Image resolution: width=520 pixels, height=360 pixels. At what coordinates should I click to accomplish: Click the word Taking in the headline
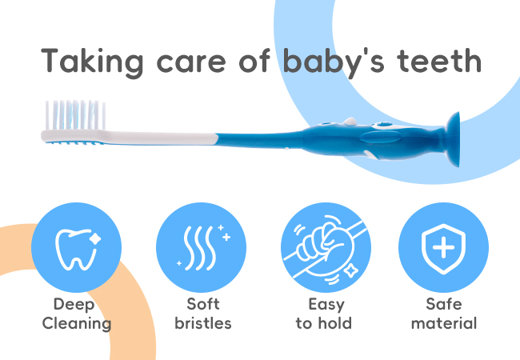[92, 62]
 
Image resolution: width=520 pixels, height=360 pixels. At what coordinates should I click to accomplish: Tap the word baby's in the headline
[334, 62]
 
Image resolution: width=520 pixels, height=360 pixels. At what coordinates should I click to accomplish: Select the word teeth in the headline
[438, 61]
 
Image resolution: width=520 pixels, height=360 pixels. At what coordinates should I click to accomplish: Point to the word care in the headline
[191, 63]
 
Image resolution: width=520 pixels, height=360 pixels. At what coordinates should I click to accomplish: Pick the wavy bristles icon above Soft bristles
[203, 247]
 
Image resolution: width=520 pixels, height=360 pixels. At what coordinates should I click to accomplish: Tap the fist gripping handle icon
[325, 250]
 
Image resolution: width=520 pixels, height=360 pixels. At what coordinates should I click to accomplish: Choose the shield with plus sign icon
[443, 249]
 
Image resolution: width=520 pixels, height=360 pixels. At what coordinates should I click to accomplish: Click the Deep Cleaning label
[77, 314]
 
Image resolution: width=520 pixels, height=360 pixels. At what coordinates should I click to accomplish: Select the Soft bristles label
[203, 314]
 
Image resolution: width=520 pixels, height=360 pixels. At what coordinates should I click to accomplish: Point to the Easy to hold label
[324, 314]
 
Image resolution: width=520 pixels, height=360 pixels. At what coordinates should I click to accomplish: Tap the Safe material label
[444, 314]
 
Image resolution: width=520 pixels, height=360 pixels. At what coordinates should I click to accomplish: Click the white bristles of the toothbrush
[75, 115]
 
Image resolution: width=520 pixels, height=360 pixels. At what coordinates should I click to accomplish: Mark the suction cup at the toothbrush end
[453, 139]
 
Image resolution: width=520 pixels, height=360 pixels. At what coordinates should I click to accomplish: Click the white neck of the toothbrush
[159, 138]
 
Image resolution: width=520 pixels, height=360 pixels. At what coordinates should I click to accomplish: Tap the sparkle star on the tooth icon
[95, 238]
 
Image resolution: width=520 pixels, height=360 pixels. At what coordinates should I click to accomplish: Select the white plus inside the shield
[444, 247]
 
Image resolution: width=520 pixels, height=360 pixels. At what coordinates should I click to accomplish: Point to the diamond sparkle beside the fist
[350, 271]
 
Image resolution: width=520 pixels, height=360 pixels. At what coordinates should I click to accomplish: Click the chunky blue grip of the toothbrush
[374, 139]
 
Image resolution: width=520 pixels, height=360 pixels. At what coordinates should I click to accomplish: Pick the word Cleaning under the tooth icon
[77, 323]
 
